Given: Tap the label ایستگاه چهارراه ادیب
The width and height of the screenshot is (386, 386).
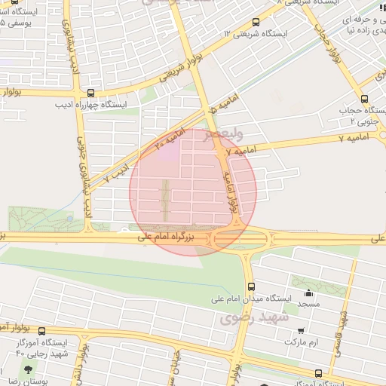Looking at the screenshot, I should pos(91,105).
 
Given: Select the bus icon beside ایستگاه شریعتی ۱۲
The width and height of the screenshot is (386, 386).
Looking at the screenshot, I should pos(256,22).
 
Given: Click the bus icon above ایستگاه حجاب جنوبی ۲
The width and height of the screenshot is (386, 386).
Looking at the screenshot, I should pos(365,99).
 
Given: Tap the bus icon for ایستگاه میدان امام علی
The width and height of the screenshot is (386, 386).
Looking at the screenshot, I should pos(251,286).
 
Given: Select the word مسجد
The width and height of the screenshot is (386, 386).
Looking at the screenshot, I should pos(308,304).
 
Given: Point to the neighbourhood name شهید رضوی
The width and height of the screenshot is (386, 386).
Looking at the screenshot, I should pos(247,319).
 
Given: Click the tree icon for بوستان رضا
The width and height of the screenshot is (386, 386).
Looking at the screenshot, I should pos(29,370).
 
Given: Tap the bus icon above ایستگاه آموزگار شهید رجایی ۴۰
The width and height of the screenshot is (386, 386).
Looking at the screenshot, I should pos(42,331).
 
